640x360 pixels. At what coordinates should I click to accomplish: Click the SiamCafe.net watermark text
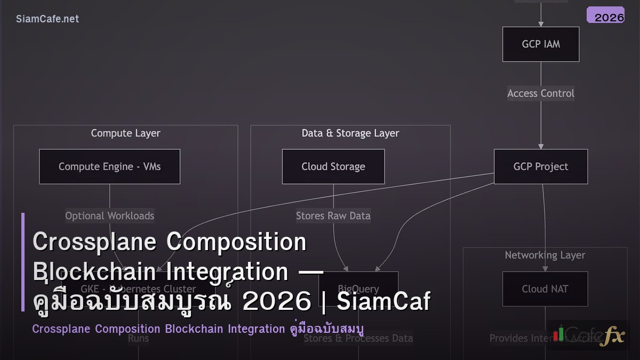[x=47, y=19]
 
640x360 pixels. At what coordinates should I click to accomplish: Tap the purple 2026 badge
[x=605, y=15]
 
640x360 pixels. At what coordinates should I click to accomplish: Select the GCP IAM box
[x=541, y=44]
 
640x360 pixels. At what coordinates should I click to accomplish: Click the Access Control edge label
[x=541, y=93]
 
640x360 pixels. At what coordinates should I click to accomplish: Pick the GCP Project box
[x=541, y=166]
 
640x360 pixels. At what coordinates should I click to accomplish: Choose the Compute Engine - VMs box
[x=109, y=166]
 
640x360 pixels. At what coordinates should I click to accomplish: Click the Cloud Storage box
[x=333, y=166]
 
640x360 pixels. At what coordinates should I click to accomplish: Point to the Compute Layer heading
[x=125, y=133]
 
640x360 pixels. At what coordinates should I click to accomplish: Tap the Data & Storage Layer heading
[x=350, y=133]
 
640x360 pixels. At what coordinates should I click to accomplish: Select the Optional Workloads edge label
[x=109, y=216]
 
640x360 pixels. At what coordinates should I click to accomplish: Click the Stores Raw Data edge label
[x=333, y=216]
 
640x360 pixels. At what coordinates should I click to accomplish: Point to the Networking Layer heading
[x=545, y=255]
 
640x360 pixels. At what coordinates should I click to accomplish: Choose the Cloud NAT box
[x=545, y=289]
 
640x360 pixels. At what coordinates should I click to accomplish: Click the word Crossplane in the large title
[x=94, y=242]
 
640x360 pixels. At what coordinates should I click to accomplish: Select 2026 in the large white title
[x=276, y=302]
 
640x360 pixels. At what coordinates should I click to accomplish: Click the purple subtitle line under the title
[x=197, y=329]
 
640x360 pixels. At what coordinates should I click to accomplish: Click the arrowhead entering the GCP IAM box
[x=541, y=23]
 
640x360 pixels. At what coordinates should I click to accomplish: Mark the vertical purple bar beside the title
[x=23, y=261]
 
